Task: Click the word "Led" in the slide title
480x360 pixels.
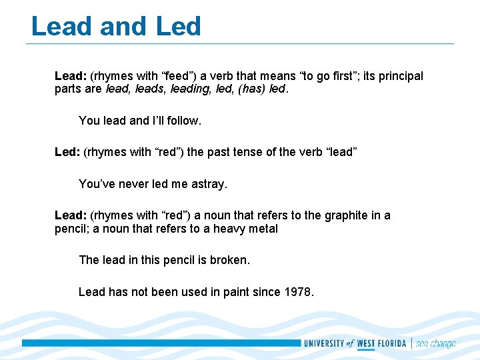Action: click(178, 27)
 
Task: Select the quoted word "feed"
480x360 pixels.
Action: click(174, 76)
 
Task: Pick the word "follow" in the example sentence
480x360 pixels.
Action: click(183, 121)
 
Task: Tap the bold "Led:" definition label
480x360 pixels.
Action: click(67, 152)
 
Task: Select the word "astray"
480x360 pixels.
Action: click(209, 184)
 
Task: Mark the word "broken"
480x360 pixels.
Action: click(229, 260)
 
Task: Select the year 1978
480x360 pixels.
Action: click(298, 292)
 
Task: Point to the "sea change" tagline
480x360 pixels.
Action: click(435, 343)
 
